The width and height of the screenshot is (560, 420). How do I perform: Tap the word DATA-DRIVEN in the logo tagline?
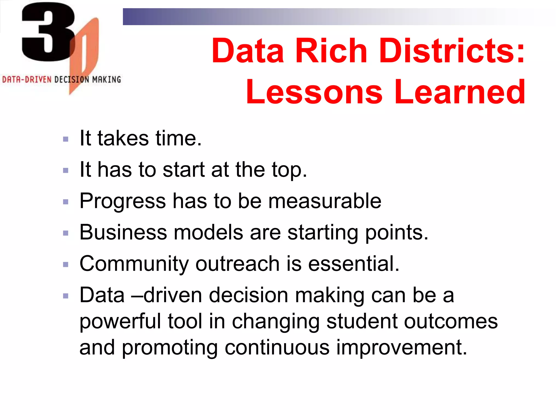click(27, 80)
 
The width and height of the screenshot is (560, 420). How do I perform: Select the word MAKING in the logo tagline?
click(106, 80)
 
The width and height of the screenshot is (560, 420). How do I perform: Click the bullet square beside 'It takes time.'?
click(66, 139)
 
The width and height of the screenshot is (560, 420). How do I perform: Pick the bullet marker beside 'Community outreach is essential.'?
click(66, 265)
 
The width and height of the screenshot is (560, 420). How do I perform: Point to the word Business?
click(123, 232)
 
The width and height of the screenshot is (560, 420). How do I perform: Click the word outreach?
click(237, 264)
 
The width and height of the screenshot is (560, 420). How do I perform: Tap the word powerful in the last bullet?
click(120, 322)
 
